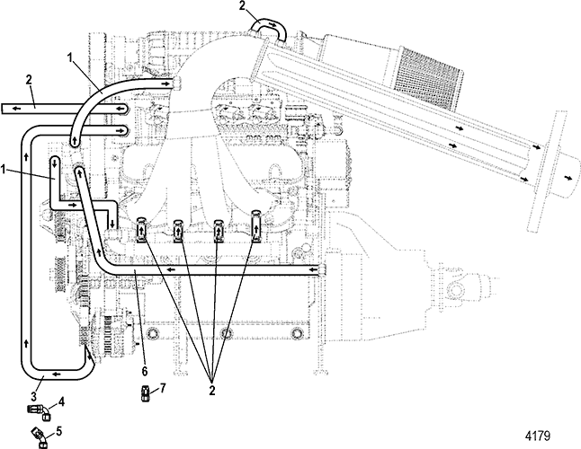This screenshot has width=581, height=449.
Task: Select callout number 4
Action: (x=61, y=401)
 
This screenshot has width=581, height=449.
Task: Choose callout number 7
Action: (x=163, y=388)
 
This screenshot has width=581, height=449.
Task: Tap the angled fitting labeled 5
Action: (x=41, y=436)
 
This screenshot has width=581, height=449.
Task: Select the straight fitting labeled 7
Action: (x=147, y=391)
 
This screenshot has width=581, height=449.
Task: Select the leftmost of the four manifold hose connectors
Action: (x=142, y=231)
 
